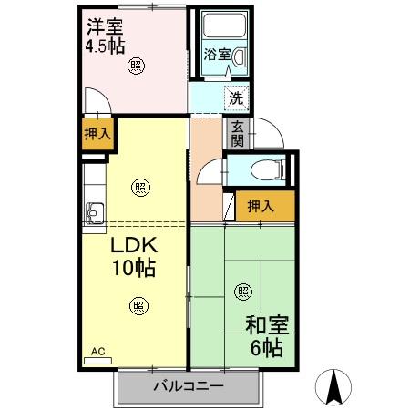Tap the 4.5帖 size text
105,46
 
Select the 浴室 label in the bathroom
216,53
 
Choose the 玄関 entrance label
236,133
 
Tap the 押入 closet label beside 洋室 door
97,134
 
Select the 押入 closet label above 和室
260,207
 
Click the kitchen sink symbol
95,213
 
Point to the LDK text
135,246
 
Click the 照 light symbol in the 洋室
135,64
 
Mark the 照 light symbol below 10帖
136,305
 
